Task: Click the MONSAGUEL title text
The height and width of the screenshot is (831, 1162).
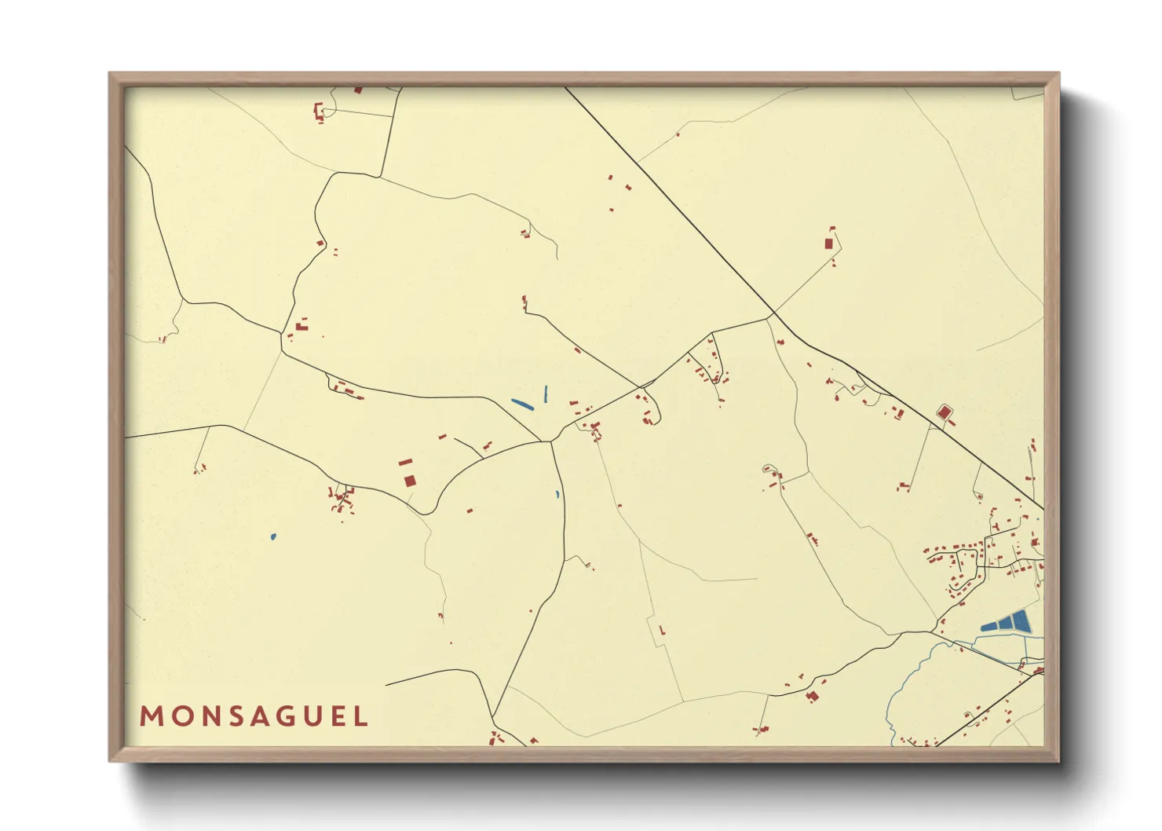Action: click(x=254, y=716)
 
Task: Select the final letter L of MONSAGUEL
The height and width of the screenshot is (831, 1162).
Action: click(x=361, y=716)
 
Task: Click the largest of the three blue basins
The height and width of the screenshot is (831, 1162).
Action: click(x=1021, y=621)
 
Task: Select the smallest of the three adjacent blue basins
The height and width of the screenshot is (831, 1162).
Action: click(x=988, y=627)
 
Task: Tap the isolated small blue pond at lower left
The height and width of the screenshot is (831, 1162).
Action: click(x=272, y=537)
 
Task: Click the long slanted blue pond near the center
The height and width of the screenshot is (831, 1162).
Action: click(x=522, y=405)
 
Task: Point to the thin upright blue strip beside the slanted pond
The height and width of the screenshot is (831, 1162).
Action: click(x=546, y=394)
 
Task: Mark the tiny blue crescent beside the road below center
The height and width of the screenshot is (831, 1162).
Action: click(x=557, y=495)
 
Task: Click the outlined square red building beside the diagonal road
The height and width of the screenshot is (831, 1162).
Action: click(x=945, y=412)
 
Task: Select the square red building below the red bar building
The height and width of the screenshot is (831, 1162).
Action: click(x=409, y=480)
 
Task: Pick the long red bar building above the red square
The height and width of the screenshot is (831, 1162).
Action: click(x=405, y=463)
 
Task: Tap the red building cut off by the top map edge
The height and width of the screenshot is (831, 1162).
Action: click(x=358, y=90)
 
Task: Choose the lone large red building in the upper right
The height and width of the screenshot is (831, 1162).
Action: click(x=828, y=243)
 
